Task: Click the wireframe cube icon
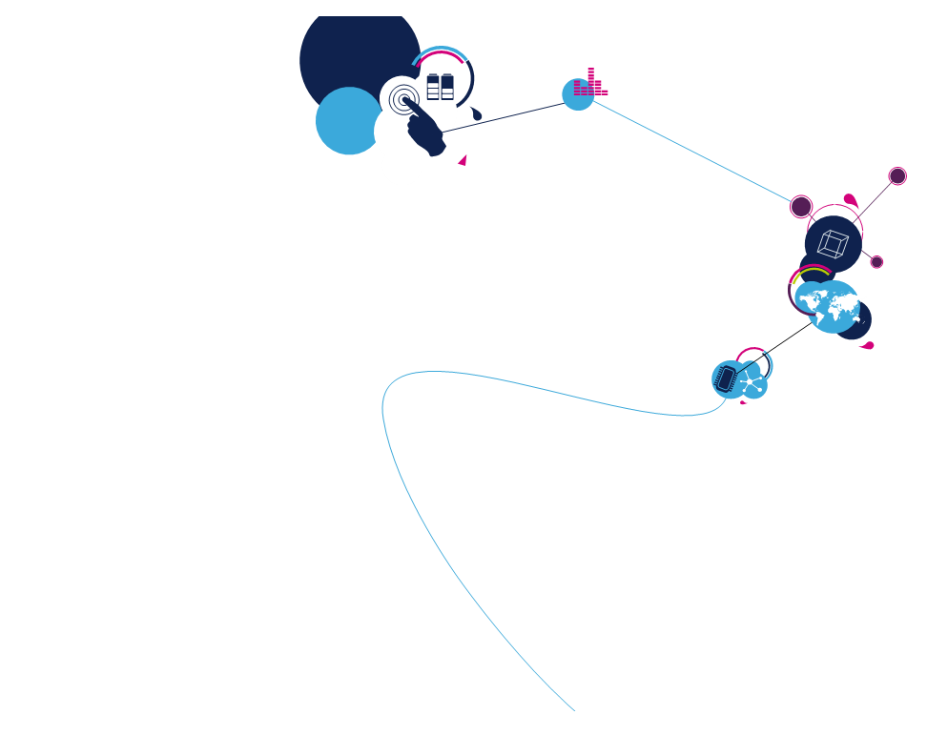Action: tap(833, 244)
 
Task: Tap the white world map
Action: tap(833, 305)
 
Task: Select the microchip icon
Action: tap(726, 379)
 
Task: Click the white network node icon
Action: tap(753, 383)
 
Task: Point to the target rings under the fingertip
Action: tap(403, 99)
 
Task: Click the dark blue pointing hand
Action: tap(426, 130)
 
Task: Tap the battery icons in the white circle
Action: tap(440, 88)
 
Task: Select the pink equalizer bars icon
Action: tap(589, 84)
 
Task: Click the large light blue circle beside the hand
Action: tap(347, 121)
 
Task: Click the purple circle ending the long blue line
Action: tap(801, 207)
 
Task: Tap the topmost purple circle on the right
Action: tap(897, 176)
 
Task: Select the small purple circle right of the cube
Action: tap(876, 262)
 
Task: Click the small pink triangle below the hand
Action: tap(463, 160)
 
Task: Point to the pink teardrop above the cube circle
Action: tap(850, 200)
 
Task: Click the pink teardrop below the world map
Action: tap(867, 345)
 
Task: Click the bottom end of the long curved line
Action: tap(574, 710)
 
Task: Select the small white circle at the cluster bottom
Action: tap(402, 166)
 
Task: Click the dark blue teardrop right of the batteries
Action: tap(475, 115)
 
